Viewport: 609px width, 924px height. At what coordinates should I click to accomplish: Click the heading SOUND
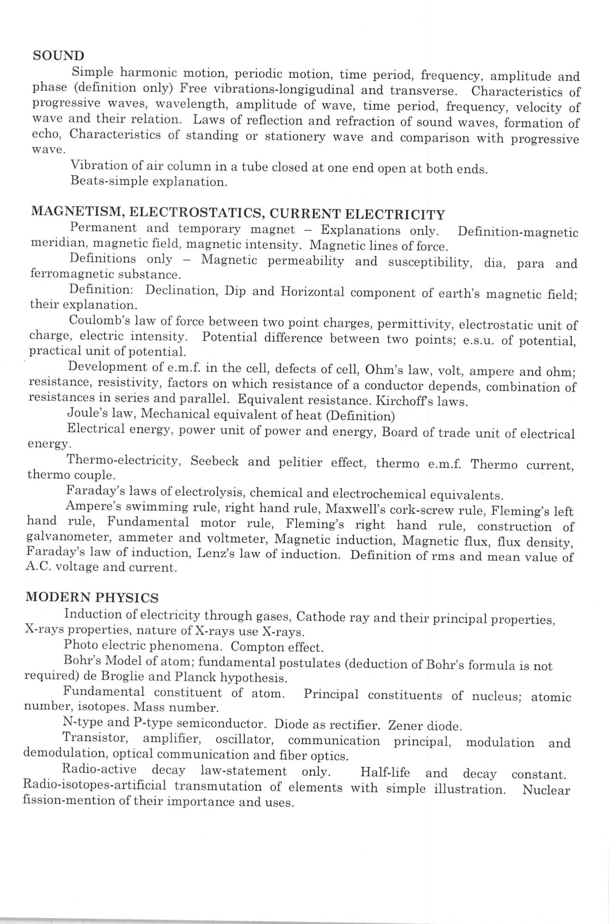pyautogui.click(x=58, y=56)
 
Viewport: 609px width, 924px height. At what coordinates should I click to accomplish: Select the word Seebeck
pyautogui.click(x=215, y=461)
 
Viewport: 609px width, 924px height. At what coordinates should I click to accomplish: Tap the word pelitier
pyautogui.click(x=300, y=463)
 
